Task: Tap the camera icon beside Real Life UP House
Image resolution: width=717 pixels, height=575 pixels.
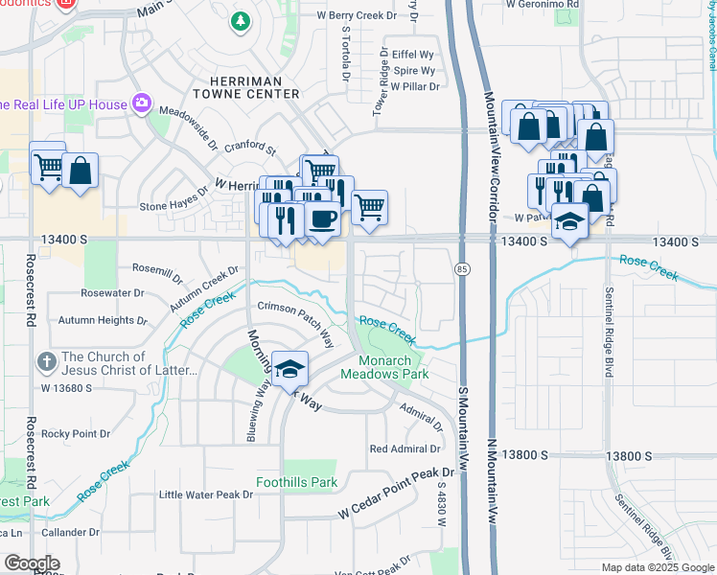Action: (x=143, y=103)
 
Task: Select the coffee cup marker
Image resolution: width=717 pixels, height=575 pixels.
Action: (x=322, y=219)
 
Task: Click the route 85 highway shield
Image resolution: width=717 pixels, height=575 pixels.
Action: (x=462, y=270)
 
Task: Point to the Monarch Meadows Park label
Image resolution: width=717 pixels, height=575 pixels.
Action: (x=393, y=367)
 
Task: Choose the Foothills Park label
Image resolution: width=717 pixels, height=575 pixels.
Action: (x=296, y=482)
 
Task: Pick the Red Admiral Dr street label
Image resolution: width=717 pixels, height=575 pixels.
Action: (x=405, y=448)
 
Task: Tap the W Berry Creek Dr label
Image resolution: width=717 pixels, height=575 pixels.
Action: (x=356, y=16)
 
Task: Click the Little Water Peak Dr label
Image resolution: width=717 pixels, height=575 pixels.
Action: (x=205, y=494)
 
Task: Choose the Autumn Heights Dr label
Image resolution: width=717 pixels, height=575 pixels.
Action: (x=103, y=320)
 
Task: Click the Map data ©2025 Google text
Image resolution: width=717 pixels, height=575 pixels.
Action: (x=658, y=567)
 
